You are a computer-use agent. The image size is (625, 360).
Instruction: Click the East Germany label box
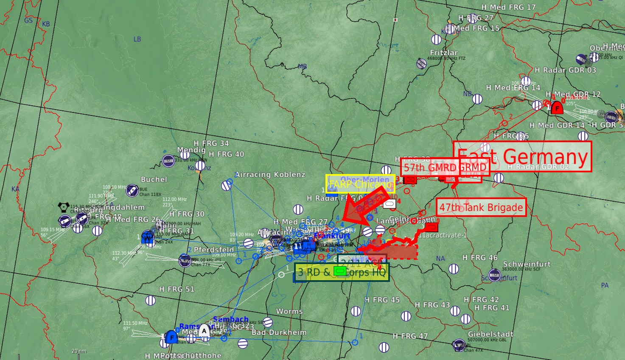tap(522, 156)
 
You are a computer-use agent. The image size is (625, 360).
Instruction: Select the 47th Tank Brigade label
tap(481, 207)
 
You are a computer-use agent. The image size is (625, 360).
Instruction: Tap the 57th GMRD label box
tap(445, 167)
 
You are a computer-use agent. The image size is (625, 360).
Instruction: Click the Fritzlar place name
tap(444, 53)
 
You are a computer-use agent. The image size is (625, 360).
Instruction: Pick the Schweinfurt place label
tap(527, 264)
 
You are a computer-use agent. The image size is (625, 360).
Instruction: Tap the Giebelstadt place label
tap(490, 334)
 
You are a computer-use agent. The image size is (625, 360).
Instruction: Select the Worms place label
tap(289, 311)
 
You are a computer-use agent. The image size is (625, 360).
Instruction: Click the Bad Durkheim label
tap(279, 332)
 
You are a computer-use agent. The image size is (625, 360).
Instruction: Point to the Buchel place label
tap(154, 179)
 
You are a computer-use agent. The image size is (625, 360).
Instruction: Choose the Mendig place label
tap(191, 150)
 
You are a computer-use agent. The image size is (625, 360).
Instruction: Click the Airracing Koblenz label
tap(270, 174)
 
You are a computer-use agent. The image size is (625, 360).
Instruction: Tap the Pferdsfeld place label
tap(214, 250)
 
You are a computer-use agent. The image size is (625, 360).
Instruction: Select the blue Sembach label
tap(230, 319)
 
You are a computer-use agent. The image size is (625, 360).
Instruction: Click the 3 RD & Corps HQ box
tap(342, 272)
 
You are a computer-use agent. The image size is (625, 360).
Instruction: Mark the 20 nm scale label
tap(79, 351)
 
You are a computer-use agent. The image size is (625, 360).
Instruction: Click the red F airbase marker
tap(557, 108)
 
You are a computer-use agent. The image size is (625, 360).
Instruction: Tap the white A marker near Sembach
tap(205, 330)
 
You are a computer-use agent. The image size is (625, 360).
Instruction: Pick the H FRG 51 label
tap(177, 289)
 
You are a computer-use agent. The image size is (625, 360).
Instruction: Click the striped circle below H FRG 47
tap(384, 347)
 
